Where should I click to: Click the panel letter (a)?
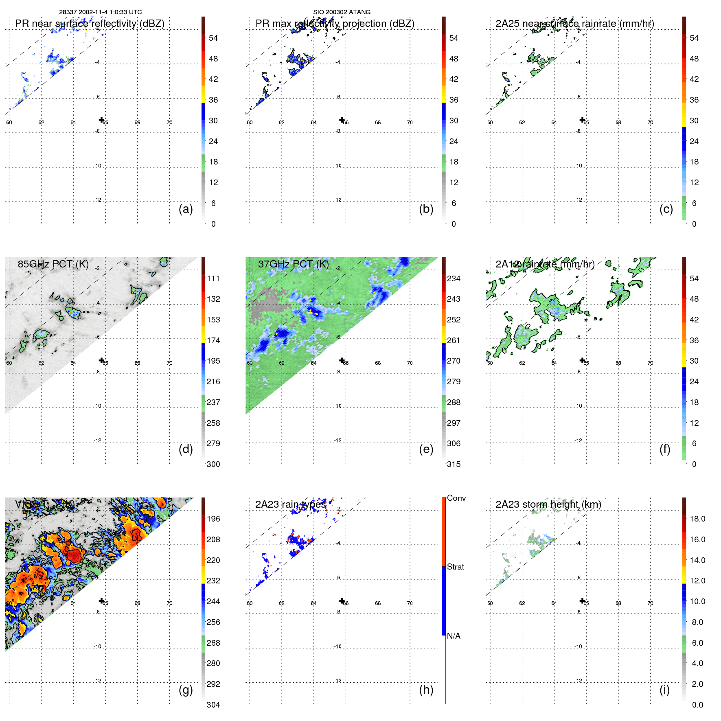186,209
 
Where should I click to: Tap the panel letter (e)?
426,449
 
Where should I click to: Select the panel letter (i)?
664,690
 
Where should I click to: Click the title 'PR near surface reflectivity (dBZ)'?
90,24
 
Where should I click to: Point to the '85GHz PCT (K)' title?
53,264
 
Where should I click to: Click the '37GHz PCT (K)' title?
293,264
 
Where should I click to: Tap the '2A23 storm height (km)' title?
548,504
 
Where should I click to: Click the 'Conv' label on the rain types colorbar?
456,498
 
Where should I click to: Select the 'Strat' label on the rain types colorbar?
455,567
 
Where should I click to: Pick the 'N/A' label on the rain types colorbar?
454,636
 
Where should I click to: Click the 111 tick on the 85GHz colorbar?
213,278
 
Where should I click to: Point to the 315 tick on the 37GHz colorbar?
454,464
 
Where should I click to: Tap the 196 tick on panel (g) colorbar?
213,519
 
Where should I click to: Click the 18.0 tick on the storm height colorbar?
697,519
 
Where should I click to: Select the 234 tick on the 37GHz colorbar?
454,278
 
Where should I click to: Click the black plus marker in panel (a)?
101,120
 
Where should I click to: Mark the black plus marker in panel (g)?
101,600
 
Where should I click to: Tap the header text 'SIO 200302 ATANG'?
342,12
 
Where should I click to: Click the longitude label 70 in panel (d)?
169,363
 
